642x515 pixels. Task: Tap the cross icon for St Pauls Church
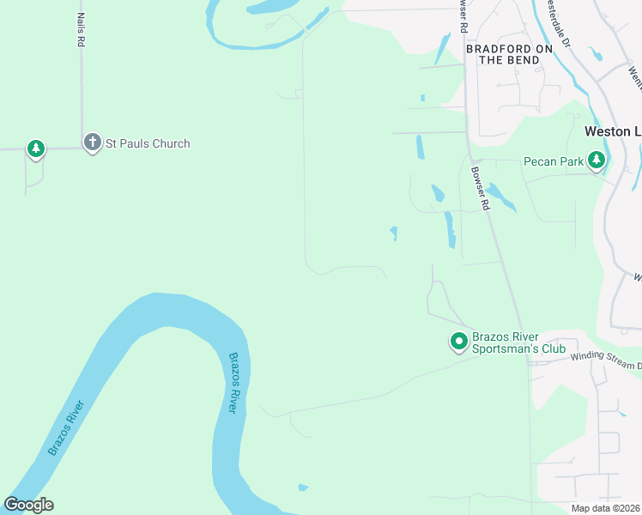tap(92, 142)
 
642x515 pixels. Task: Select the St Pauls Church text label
tap(147, 143)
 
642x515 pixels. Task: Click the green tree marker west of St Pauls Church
tap(35, 149)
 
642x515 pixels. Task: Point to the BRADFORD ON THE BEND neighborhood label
tap(509, 54)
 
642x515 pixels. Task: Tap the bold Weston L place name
tap(612, 131)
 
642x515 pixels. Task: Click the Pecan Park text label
tap(553, 161)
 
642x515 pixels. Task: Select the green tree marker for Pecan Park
tap(597, 160)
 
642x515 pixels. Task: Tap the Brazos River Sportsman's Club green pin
tap(458, 342)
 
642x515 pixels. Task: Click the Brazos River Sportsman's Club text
tap(518, 343)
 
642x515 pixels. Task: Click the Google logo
tap(28, 505)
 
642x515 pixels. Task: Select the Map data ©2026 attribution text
tap(605, 508)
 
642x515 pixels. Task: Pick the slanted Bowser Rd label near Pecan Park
tap(479, 187)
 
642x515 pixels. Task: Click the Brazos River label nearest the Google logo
tap(66, 427)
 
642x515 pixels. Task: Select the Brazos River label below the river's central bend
tap(232, 383)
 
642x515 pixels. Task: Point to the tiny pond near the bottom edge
tap(303, 488)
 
